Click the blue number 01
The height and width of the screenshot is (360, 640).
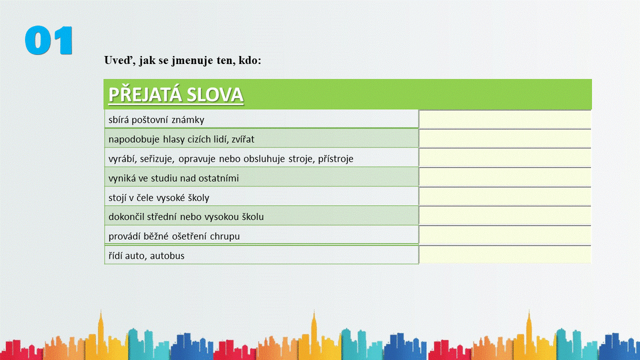coord(49,41)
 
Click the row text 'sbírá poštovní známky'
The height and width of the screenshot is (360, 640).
coord(156,120)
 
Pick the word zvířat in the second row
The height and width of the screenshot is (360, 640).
coord(243,139)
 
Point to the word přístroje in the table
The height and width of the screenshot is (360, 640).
coord(335,159)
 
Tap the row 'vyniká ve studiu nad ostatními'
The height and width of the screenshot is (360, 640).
coord(173,178)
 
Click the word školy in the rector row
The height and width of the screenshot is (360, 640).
coord(198,198)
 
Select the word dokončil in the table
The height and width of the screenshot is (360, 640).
coord(126,217)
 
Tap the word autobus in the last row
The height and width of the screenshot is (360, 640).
coord(167,255)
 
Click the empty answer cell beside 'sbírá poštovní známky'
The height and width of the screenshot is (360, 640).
coord(505,119)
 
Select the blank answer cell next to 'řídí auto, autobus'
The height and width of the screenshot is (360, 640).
coord(505,254)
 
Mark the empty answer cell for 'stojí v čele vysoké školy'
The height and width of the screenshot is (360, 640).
coord(505,197)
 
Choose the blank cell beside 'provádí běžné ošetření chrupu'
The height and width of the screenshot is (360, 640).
coord(505,235)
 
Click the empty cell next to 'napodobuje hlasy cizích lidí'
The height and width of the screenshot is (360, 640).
coord(505,139)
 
